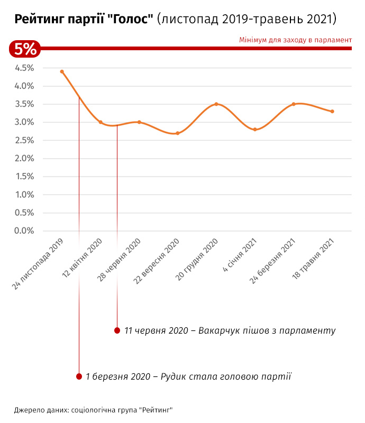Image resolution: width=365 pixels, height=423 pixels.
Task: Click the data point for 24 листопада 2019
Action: (x=62, y=71)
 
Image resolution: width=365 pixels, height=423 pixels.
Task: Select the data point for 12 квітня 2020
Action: (x=101, y=122)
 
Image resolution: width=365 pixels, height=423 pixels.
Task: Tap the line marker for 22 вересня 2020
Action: (x=178, y=133)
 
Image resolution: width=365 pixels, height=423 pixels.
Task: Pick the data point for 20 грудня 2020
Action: (x=216, y=104)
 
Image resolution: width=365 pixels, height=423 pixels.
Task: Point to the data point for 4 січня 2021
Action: (x=255, y=130)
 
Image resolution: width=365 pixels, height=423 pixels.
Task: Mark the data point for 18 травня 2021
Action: (x=332, y=112)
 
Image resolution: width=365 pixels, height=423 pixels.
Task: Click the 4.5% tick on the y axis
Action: (x=24, y=68)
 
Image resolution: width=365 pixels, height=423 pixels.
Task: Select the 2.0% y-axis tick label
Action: (x=24, y=158)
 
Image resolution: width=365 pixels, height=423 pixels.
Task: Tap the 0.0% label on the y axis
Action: (x=24, y=231)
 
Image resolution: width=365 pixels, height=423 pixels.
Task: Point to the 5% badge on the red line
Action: (x=25, y=49)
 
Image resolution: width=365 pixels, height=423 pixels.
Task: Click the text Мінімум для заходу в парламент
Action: (x=295, y=40)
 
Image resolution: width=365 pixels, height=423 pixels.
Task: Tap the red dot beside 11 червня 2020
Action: (x=117, y=330)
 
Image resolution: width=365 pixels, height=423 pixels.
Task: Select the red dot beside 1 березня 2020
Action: (x=79, y=376)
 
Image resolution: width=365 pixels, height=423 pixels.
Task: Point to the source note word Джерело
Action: (x=29, y=410)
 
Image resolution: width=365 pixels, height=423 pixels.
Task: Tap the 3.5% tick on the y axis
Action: (x=24, y=104)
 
